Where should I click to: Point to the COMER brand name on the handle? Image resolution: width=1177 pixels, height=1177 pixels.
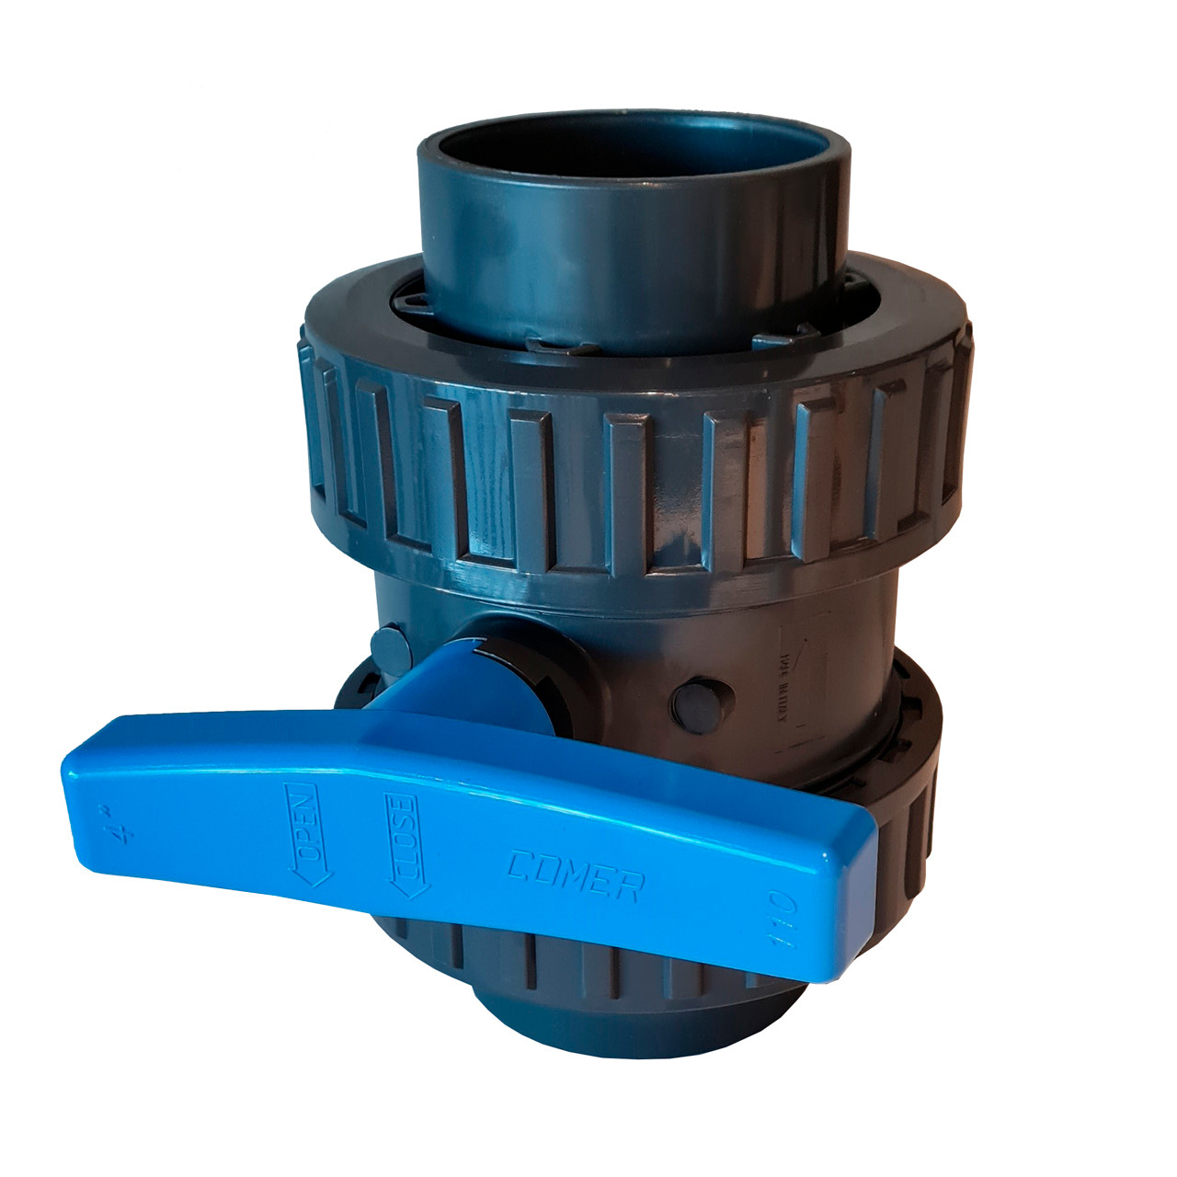click(x=576, y=874)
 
